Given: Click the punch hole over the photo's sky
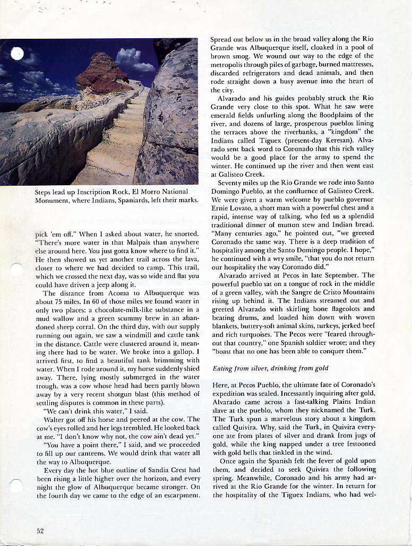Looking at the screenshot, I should [x=18, y=54].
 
